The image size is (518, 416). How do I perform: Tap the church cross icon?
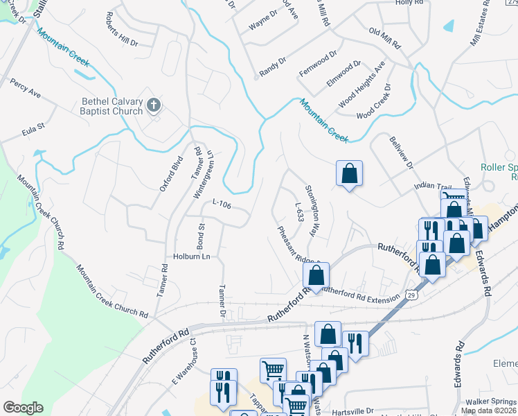point(154,105)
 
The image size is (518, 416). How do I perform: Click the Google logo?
point(23,408)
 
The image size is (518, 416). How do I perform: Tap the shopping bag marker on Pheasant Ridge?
point(316,275)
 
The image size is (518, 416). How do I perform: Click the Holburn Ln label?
point(191,257)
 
